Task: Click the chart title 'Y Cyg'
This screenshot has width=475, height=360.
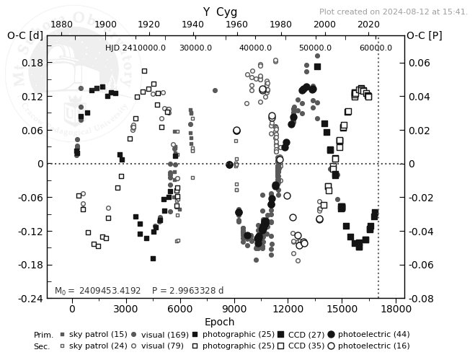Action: coord(220,12)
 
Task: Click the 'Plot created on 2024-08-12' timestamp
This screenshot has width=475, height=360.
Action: coord(393,12)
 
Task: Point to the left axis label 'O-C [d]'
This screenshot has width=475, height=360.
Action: coord(25,35)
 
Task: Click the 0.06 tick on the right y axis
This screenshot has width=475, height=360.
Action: coord(418,63)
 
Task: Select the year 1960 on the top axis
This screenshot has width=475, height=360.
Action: coord(236,25)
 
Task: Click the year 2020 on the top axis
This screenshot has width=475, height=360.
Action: coord(368,25)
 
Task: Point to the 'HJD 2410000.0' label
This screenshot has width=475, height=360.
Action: coord(136,48)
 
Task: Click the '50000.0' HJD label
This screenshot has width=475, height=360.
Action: coord(316,48)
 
